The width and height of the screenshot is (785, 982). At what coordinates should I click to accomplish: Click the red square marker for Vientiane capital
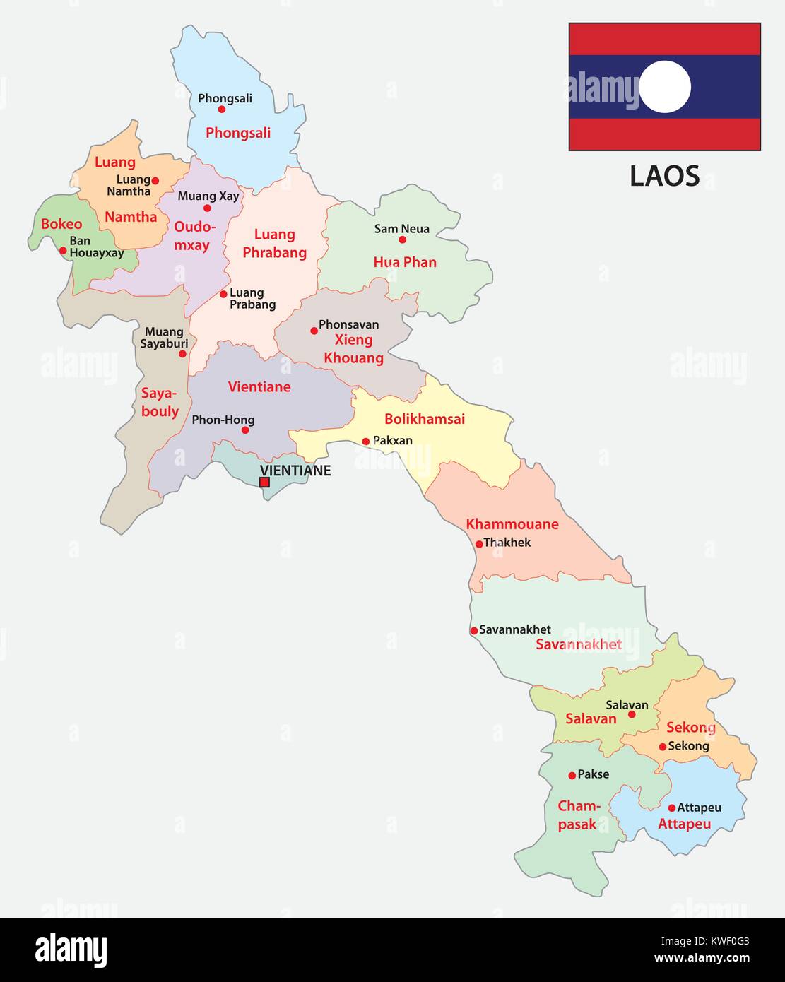click(x=264, y=483)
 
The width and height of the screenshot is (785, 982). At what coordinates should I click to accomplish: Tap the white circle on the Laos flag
click(x=664, y=87)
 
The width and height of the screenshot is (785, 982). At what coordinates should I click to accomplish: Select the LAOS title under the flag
click(x=664, y=176)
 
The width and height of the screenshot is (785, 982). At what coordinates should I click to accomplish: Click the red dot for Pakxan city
click(x=366, y=442)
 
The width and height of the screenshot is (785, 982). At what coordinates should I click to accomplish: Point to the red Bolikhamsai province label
click(x=424, y=419)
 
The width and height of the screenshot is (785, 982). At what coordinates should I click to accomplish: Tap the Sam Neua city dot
click(x=403, y=239)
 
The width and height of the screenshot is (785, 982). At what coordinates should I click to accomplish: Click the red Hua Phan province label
click(x=405, y=262)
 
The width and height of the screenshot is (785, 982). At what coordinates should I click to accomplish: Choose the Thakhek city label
click(x=507, y=543)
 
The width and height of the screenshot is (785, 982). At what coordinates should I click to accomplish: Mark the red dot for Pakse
click(x=572, y=776)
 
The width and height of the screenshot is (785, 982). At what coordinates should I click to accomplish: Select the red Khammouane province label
click(x=512, y=524)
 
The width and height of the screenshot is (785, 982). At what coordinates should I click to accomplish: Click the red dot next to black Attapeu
click(x=671, y=808)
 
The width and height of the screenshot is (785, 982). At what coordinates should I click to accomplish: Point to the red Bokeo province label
click(x=61, y=224)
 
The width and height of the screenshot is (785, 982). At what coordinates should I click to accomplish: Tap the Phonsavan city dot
click(x=314, y=331)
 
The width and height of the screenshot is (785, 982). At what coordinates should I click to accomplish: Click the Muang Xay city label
click(x=208, y=196)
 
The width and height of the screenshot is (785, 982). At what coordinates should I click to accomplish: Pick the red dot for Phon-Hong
click(x=245, y=430)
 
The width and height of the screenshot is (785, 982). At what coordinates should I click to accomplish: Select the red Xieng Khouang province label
click(x=353, y=349)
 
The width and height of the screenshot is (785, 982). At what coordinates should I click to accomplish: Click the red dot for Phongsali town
click(x=222, y=110)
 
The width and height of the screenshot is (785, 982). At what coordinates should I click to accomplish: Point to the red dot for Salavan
click(x=632, y=714)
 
